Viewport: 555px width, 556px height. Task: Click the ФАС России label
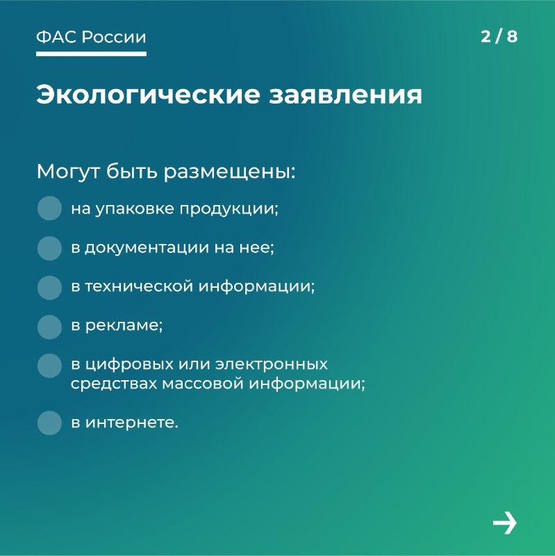click(x=91, y=37)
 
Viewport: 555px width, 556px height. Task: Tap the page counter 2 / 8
click(x=499, y=37)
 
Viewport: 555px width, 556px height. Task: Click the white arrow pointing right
click(x=505, y=523)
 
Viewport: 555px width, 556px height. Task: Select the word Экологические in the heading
click(x=148, y=95)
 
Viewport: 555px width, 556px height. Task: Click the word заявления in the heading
click(x=345, y=96)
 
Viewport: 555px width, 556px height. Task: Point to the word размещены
click(x=229, y=172)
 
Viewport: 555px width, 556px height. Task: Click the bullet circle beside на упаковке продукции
click(x=49, y=208)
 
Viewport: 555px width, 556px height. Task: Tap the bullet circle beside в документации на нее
click(x=49, y=248)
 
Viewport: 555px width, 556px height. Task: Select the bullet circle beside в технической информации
click(x=49, y=288)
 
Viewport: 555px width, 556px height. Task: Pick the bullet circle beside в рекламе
click(x=49, y=327)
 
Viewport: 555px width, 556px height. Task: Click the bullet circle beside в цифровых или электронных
click(x=49, y=366)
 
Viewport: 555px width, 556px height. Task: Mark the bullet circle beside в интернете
click(x=49, y=423)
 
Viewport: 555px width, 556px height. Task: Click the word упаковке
click(x=135, y=209)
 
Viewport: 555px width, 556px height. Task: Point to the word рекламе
click(x=124, y=326)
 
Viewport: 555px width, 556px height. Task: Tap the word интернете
click(x=131, y=423)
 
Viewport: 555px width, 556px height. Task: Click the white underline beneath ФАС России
click(x=91, y=54)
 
